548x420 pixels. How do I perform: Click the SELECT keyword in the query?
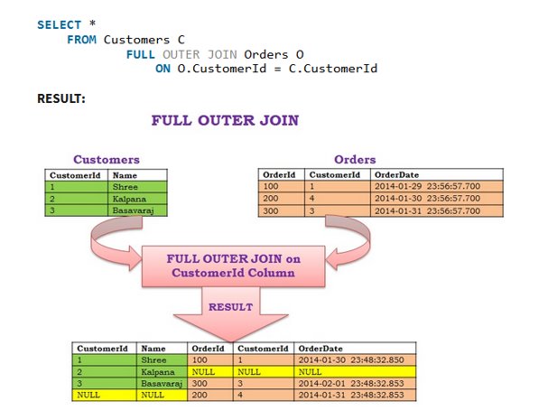point(59,24)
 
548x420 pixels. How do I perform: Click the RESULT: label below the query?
point(61,98)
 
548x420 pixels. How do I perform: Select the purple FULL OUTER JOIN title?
point(224,120)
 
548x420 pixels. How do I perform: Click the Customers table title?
point(106,160)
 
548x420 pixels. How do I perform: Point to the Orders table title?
point(355,160)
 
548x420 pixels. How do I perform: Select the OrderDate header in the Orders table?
point(396,175)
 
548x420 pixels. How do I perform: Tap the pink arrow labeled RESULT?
point(230,312)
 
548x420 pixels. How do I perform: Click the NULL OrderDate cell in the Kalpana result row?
point(311,372)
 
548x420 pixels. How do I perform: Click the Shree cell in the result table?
point(154,360)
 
